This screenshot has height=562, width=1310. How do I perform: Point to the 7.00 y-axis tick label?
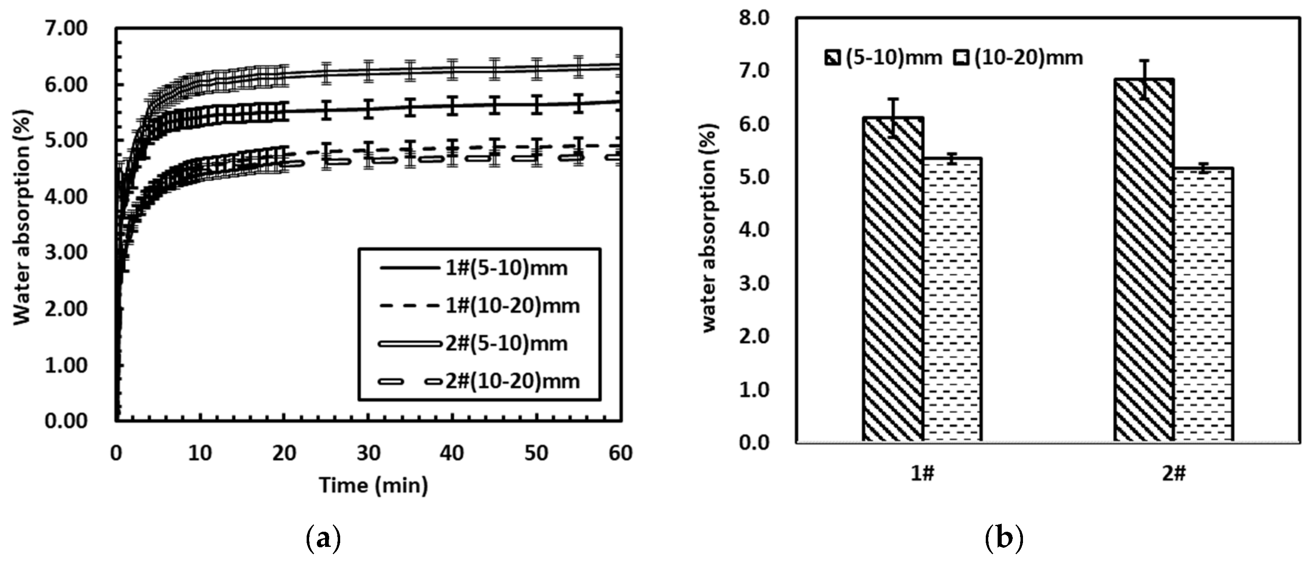[x=66, y=29]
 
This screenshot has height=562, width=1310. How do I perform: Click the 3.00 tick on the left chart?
[x=66, y=253]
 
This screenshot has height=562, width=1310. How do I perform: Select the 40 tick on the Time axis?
[x=452, y=452]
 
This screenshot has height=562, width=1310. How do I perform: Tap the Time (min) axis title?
[x=374, y=485]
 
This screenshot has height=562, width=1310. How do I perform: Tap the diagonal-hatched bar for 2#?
[x=1144, y=260]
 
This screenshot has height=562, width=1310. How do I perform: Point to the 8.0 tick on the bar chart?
[x=757, y=18]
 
